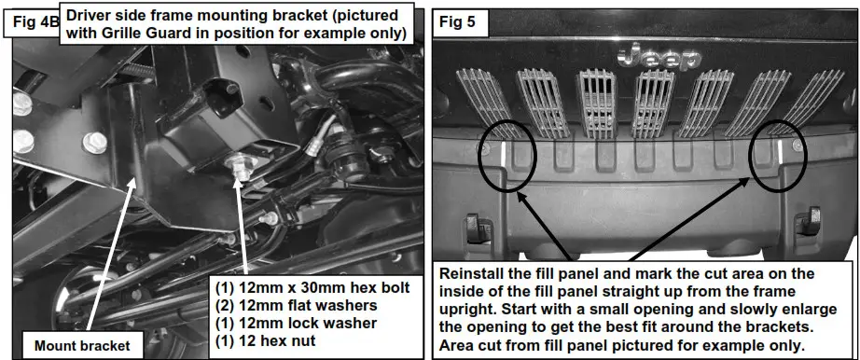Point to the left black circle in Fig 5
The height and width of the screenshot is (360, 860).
pos(506,150)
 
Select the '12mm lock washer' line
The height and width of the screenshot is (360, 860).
pos(294,323)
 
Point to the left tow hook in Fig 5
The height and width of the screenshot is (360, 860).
pos(472,227)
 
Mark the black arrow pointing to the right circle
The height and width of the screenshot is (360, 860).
pos(690,215)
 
